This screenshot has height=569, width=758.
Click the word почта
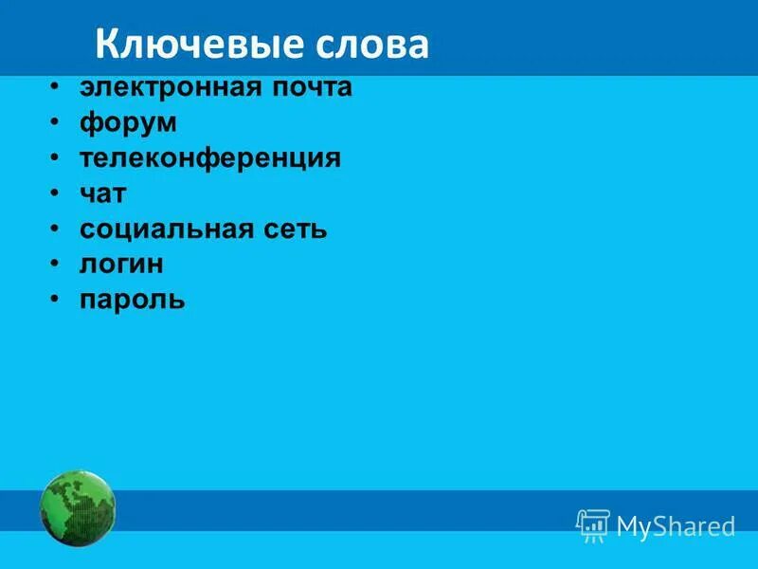(x=309, y=87)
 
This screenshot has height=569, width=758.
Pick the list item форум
(x=128, y=123)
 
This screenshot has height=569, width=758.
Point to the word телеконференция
(x=209, y=158)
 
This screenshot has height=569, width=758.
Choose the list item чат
(x=103, y=193)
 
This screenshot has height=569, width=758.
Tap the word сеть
(x=295, y=229)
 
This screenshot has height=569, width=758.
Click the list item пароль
(x=133, y=301)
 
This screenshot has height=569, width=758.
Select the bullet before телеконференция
(x=57, y=157)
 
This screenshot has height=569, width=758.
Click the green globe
(x=78, y=508)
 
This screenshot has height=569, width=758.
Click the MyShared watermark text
(x=676, y=526)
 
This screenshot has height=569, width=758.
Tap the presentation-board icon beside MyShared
(x=593, y=524)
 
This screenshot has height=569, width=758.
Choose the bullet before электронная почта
(x=57, y=86)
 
